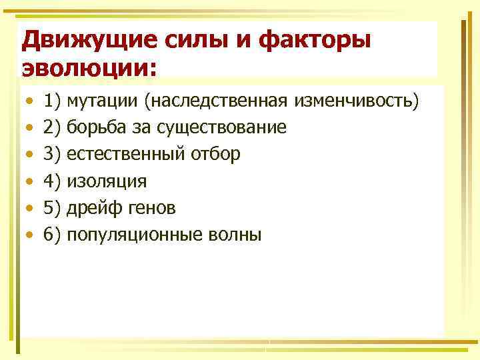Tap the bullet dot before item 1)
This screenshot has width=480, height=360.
(x=28, y=101)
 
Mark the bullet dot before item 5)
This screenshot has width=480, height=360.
(x=28, y=208)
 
